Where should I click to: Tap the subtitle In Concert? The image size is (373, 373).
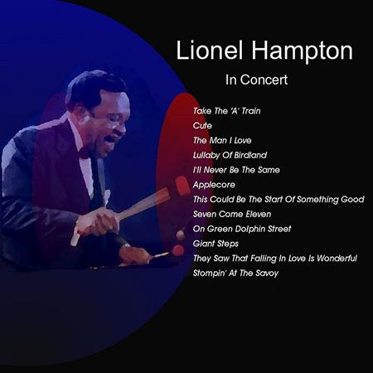pos(256,81)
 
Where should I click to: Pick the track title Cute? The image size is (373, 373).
pos(202,125)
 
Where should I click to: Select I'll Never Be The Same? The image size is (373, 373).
pos(236,170)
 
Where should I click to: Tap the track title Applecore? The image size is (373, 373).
pos(213,185)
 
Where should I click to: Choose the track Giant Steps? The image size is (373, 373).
pos(216,244)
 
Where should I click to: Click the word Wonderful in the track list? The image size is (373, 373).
pos(334,259)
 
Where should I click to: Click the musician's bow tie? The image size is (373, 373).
pos(85,152)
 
